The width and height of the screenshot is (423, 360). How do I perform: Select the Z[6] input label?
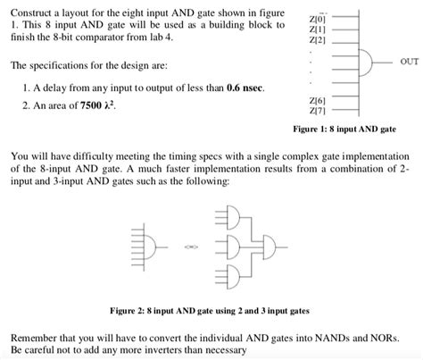pyautogui.click(x=318, y=102)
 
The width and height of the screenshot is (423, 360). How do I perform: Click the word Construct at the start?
pyautogui.click(x=28, y=10)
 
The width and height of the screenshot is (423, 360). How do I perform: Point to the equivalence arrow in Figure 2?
pyautogui.click(x=189, y=246)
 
